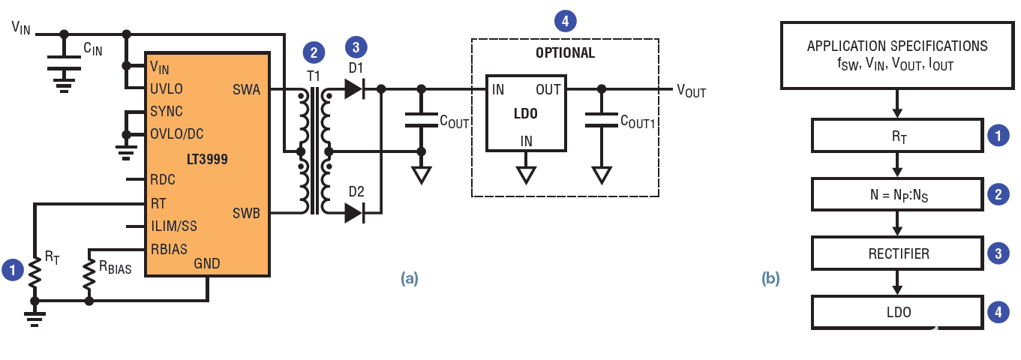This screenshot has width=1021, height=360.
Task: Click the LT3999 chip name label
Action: [208, 159]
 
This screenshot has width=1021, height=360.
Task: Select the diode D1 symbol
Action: [355, 89]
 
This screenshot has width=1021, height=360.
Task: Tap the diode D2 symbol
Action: [355, 213]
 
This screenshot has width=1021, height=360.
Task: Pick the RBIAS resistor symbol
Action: [89, 274]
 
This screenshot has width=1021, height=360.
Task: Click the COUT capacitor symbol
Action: [421, 120]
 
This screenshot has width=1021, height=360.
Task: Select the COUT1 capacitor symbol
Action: [601, 120]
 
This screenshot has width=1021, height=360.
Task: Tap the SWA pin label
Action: [246, 90]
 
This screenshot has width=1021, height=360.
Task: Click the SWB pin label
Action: [246, 213]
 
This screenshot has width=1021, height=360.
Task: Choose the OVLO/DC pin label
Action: [178, 134]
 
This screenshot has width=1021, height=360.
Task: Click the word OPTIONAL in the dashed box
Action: [565, 53]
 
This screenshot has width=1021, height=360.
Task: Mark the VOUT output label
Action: [691, 91]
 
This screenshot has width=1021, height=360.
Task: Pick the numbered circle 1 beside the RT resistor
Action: [12, 270]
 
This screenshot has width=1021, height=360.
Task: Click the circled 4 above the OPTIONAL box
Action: [565, 21]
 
